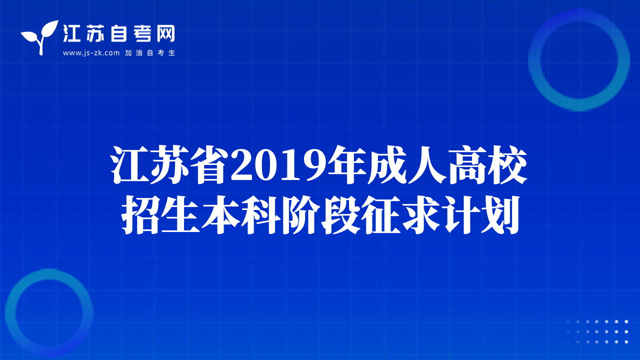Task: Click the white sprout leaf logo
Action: pos(40,37)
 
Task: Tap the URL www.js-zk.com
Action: pos(91,53)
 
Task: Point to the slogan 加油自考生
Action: pos(150,53)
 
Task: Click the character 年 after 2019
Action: pos(346,165)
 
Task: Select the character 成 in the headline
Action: pos(387,165)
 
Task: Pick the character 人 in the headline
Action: pos(427,165)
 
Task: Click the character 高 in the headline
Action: pos(467,165)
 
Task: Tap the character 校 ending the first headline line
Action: pos(507,165)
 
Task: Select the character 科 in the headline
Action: pos(261,215)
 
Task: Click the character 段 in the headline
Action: pos(341,215)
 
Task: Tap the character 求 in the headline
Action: pos(421,215)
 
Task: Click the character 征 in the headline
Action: pos(381,215)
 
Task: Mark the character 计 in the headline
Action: pos(461,215)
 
